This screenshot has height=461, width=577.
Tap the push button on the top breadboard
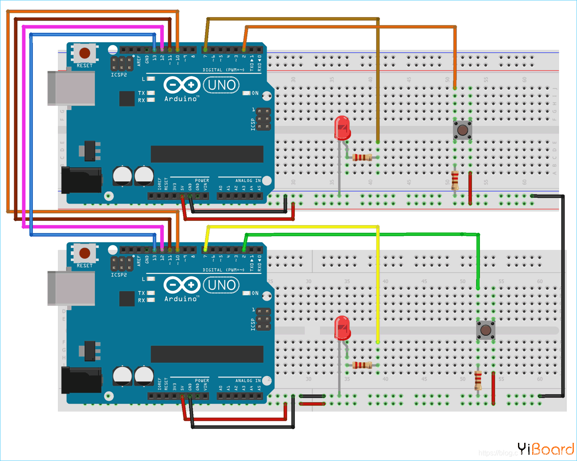point(462,130)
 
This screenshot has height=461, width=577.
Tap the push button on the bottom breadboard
point(486,330)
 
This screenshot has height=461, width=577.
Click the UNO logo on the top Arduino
point(221,85)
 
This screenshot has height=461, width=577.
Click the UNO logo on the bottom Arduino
point(221,285)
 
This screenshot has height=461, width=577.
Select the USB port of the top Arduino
point(71,88)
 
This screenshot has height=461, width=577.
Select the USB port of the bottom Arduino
point(71,288)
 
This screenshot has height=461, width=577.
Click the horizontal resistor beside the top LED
point(362,157)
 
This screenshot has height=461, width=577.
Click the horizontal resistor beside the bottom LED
point(362,365)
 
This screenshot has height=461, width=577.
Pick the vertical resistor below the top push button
point(454,180)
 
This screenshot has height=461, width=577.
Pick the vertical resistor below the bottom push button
point(478,380)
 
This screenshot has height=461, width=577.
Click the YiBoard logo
point(545,449)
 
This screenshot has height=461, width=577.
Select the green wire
point(355,234)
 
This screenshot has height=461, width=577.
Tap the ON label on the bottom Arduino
point(255,293)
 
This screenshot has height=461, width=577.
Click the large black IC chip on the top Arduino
point(207,154)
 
